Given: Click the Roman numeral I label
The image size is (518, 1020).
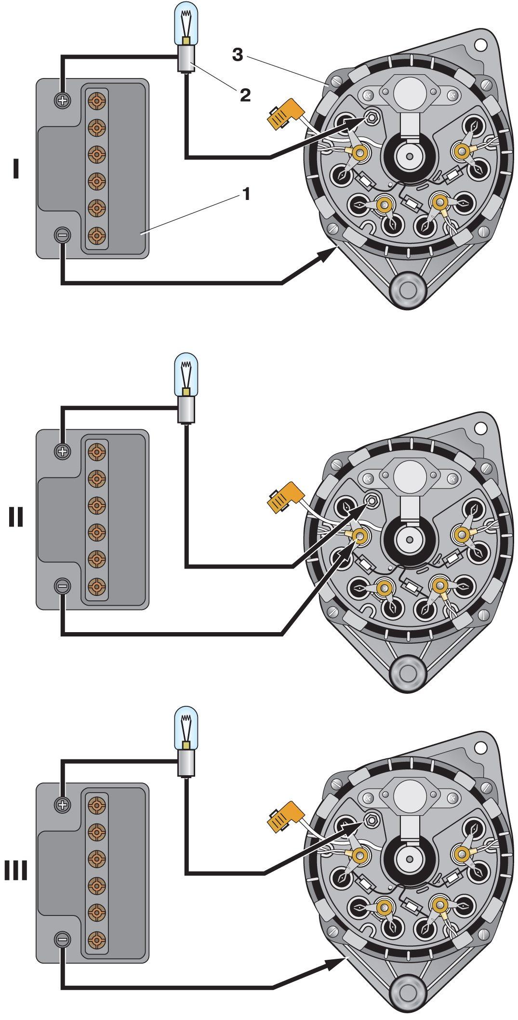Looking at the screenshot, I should pos(16,170).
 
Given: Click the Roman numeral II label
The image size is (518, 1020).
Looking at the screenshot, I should pos(16,519).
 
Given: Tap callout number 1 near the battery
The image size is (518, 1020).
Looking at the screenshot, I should pos(246,194).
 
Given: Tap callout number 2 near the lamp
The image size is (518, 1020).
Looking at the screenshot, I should pos(245,95).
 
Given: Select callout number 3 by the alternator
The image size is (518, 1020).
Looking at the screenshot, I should pos(238,54).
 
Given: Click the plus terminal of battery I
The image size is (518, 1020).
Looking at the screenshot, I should pos(63,100).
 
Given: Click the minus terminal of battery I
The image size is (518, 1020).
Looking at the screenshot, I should pos(63,235).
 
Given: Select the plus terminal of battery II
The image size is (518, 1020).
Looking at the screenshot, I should pos(63,451).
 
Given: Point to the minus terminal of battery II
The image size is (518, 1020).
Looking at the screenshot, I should pos(63,586).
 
